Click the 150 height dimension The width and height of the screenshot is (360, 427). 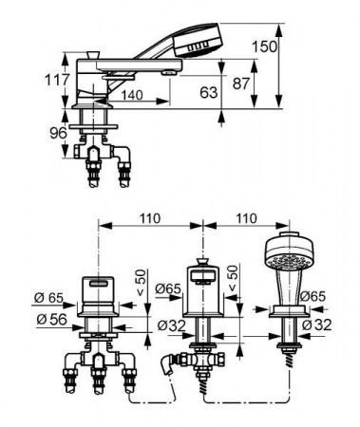[264, 46]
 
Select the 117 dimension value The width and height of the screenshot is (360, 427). [57, 80]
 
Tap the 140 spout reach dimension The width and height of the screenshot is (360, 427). [131, 95]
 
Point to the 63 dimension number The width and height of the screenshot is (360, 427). [209, 92]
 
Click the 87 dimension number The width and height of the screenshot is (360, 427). [241, 84]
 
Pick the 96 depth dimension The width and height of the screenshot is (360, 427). [58, 133]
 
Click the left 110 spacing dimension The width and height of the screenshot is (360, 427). [149, 218]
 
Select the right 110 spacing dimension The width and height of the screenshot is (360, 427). [246, 218]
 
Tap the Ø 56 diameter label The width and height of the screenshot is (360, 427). [51, 320]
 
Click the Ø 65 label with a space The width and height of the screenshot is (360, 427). [48, 298]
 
